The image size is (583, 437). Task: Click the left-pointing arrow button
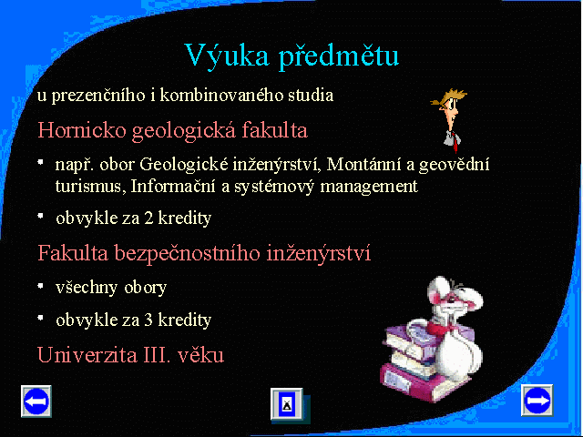(x=36, y=401)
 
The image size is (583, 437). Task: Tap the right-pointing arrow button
(x=537, y=401)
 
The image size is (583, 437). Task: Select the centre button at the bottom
(x=287, y=404)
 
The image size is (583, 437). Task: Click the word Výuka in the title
(x=227, y=56)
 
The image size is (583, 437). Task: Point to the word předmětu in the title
(x=339, y=56)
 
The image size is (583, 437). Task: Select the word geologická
(x=184, y=131)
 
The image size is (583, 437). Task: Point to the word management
(x=369, y=187)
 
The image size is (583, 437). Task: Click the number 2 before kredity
(x=148, y=218)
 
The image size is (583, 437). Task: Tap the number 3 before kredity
(x=148, y=320)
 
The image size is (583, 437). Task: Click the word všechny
(x=87, y=288)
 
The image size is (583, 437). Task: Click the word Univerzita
(x=87, y=354)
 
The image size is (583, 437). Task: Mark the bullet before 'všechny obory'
(x=41, y=286)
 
